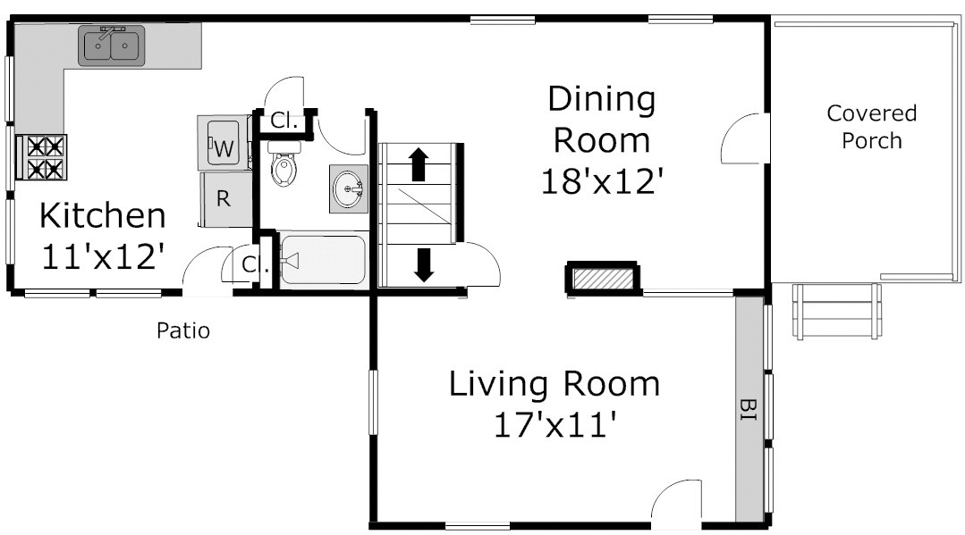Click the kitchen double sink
112,45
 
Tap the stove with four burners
41,157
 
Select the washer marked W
224,143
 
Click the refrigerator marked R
225,199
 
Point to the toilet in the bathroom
284,163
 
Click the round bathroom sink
348,188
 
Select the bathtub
322,260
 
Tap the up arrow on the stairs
419,164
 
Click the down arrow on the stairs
423,264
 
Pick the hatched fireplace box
603,279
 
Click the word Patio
183,330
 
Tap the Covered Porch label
871,127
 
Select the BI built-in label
749,410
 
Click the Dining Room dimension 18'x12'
603,182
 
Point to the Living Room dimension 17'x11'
555,424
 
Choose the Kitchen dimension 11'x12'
103,256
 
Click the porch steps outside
837,311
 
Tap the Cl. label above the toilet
284,121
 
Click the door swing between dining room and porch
746,138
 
